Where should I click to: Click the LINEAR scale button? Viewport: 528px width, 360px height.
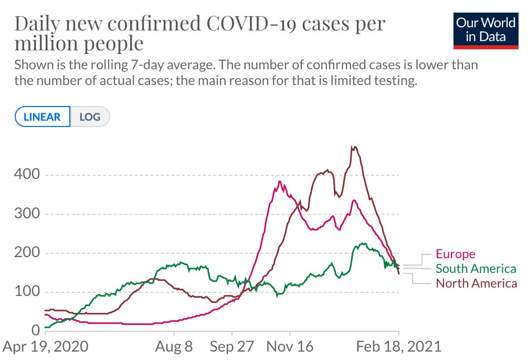[x=43, y=117]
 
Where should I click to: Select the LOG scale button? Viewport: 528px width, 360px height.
[x=89, y=117]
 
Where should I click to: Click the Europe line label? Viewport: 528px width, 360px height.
[x=456, y=255]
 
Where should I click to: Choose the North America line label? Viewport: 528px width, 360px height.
[x=476, y=284]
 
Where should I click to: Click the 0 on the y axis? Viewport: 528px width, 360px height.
[x=35, y=331]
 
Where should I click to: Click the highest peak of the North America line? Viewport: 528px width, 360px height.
[x=355, y=147]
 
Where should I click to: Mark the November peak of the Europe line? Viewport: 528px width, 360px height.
[x=280, y=182]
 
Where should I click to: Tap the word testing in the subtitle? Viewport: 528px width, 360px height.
[x=396, y=82]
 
